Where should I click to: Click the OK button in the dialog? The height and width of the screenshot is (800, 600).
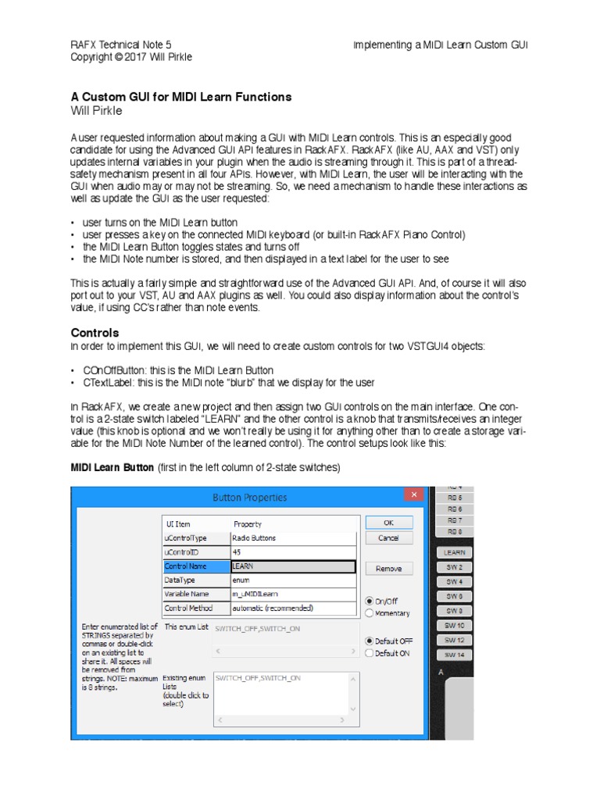point(388,523)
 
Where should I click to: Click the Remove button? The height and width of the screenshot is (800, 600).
point(388,569)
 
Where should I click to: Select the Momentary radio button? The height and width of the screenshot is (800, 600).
point(369,613)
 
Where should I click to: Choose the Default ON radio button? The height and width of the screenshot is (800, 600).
point(369,653)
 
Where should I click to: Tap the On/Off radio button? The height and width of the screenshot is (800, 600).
point(369,601)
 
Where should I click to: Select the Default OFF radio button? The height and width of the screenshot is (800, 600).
point(369,641)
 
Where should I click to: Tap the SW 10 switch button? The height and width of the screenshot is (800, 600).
point(454,626)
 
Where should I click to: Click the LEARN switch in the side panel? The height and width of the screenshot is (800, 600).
point(454,552)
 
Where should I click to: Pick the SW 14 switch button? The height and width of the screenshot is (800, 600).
point(454,655)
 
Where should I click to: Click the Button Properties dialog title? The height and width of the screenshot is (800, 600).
point(249,497)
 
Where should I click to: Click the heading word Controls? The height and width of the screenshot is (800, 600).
point(95,333)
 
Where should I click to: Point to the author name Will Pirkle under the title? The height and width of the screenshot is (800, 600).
point(98,111)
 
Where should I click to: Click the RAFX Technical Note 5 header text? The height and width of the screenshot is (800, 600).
point(121,45)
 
